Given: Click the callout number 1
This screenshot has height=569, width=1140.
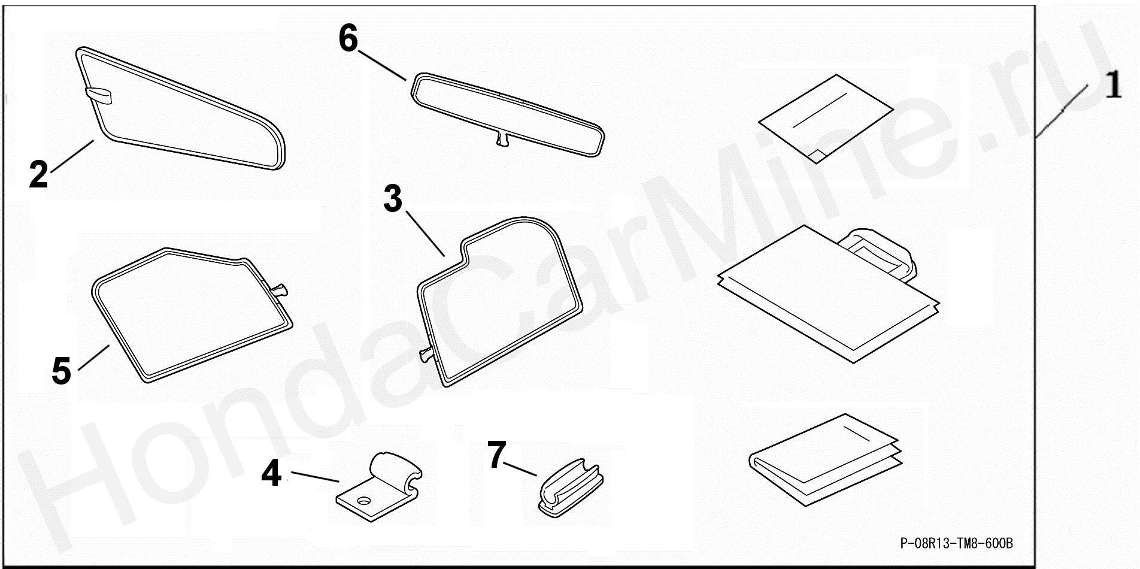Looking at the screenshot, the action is click(1112, 84).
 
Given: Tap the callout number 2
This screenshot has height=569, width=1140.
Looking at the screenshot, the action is click(39, 174).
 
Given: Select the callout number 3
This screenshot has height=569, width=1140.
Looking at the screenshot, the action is click(393, 199).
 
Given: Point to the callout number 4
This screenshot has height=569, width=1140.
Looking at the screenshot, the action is click(271, 473).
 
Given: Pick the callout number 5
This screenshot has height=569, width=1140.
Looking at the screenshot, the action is click(62, 370).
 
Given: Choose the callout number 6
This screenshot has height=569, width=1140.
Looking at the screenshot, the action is click(348, 38).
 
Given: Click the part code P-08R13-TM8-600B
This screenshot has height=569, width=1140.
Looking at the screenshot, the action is click(957, 543).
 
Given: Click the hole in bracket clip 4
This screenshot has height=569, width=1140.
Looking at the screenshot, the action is click(363, 499).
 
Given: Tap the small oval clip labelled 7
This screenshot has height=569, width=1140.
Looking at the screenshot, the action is click(571, 488).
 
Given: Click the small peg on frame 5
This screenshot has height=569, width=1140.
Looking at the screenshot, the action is click(280, 290).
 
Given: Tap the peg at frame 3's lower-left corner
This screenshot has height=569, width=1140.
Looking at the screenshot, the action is click(427, 355).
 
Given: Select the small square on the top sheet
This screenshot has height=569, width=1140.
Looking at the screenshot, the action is click(816, 156).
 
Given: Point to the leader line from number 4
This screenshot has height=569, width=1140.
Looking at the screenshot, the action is click(316, 477).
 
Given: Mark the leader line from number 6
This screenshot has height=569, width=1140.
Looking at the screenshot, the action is click(383, 65).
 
